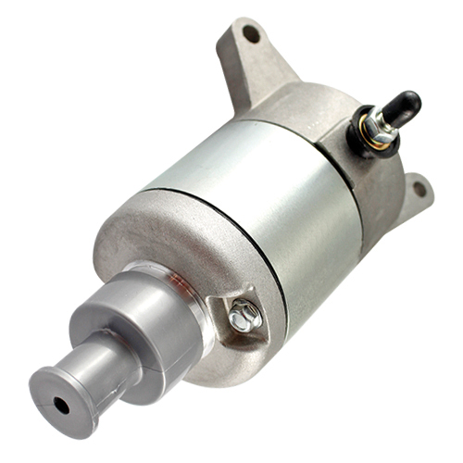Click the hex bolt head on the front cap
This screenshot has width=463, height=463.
tap(245, 315)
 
